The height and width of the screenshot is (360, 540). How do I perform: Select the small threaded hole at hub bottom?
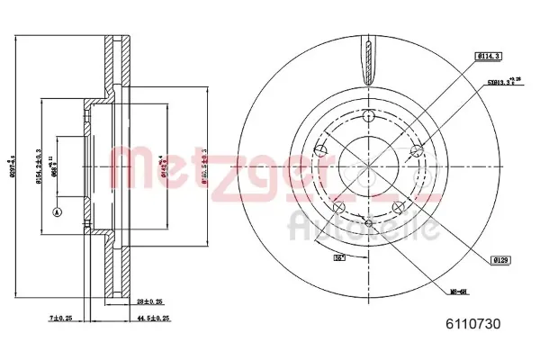coord(369,223)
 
